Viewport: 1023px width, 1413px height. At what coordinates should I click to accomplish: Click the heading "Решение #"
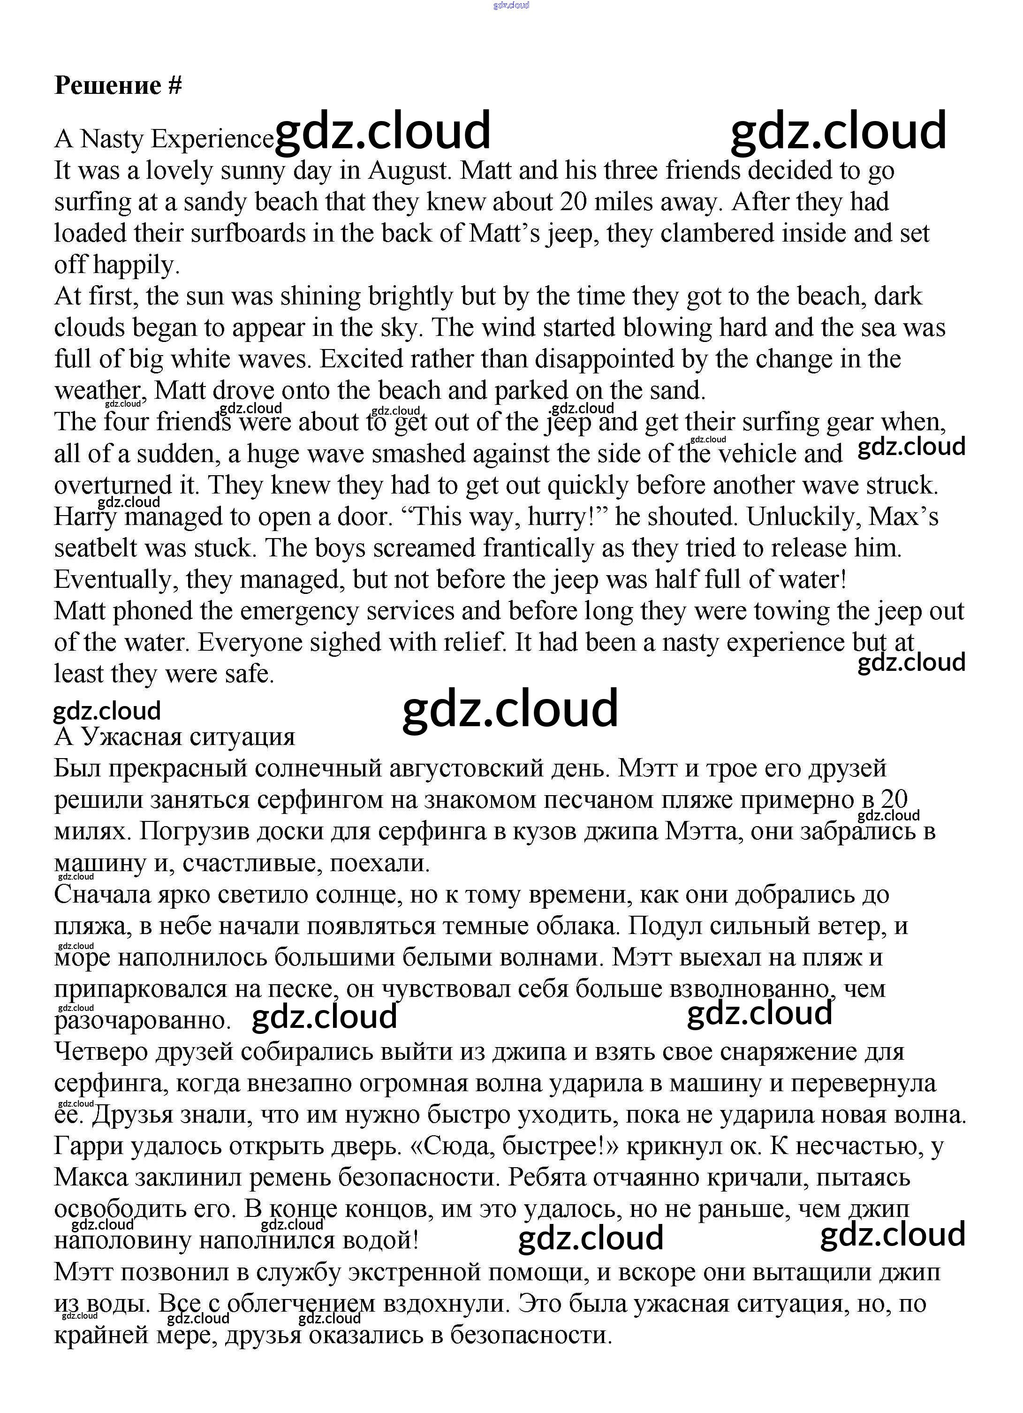tap(118, 85)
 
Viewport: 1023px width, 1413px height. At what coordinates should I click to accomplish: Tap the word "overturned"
tap(114, 486)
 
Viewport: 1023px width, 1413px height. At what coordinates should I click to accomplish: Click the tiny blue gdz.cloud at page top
tap(511, 5)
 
